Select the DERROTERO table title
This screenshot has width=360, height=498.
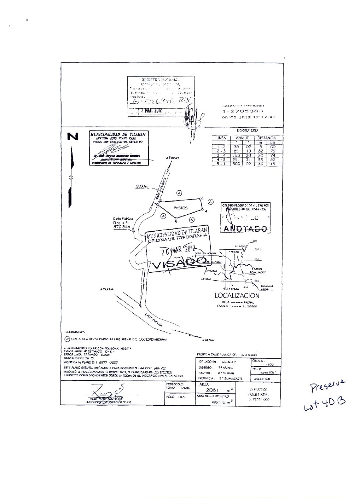(247, 131)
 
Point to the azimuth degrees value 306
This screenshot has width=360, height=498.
(236, 164)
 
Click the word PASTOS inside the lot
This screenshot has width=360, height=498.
(180, 208)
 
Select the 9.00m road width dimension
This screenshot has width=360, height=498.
(141, 186)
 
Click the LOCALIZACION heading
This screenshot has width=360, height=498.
(237, 296)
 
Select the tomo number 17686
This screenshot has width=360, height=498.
(185, 388)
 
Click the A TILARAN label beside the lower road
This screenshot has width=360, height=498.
(108, 289)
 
